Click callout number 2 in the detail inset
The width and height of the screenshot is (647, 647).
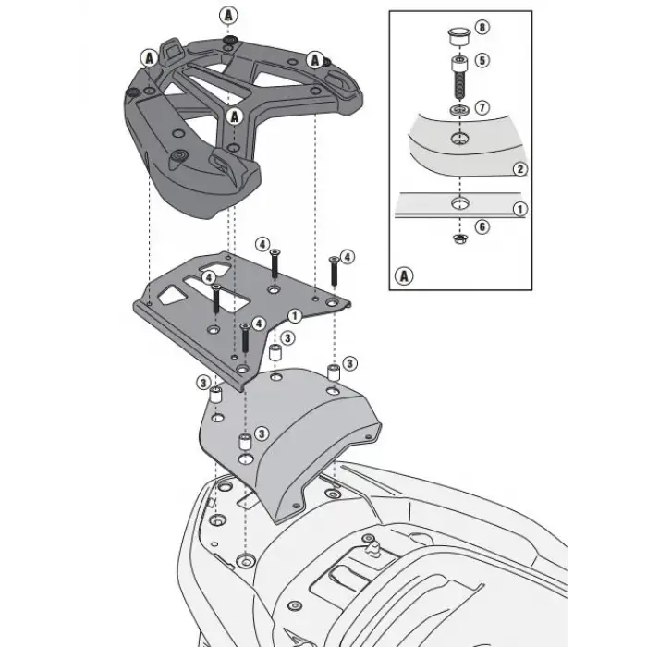(520, 169)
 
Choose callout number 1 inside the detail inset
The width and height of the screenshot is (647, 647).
(520, 209)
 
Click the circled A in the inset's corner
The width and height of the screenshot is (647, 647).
(403, 275)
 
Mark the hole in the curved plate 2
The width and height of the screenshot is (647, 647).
(458, 140)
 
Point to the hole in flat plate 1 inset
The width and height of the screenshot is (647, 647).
(458, 202)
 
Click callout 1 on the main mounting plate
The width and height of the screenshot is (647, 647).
(293, 316)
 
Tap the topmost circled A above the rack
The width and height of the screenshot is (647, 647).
(227, 14)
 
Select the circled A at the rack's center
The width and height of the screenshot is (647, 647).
(236, 116)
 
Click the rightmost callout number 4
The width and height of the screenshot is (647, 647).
(348, 256)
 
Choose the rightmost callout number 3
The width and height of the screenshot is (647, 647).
(349, 362)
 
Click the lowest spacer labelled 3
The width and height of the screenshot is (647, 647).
(245, 441)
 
